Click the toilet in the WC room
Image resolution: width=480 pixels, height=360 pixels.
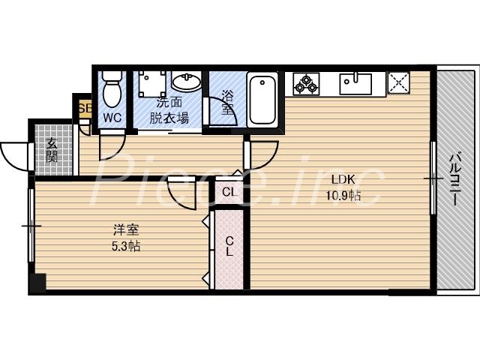pos(112,89)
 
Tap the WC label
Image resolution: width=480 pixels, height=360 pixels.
pos(112,117)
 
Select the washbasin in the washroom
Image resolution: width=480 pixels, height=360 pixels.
pos(185,81)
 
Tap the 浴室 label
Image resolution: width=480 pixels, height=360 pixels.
pos(226,102)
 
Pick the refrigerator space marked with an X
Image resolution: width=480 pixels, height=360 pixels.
pos(397,82)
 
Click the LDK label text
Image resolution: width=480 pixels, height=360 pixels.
pos(343,180)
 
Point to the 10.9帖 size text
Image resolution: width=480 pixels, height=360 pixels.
pos(343,196)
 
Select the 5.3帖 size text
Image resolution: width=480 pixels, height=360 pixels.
pos(124,246)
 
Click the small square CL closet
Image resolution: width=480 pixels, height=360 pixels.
pos(230,192)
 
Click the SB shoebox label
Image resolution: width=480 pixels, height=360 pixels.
pos(83,107)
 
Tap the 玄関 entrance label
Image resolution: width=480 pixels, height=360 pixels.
pos(52,150)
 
